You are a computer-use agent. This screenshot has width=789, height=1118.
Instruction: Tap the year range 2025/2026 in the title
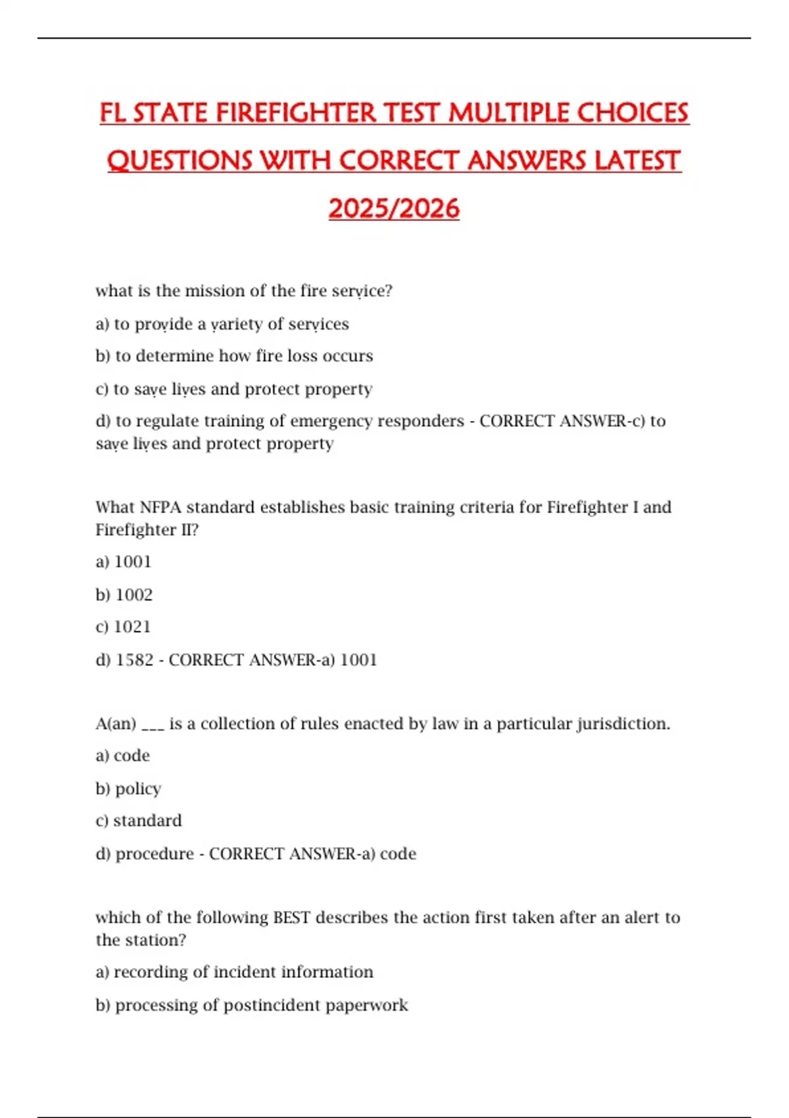(x=394, y=209)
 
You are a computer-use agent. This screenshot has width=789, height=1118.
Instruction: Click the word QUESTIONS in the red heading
(x=179, y=161)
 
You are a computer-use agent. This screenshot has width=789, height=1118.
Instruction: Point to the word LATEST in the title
(x=637, y=161)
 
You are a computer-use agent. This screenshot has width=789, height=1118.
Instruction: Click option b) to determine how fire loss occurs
(x=234, y=356)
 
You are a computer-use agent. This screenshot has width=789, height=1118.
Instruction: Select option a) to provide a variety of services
(x=222, y=324)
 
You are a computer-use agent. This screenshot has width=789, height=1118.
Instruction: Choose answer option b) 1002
(x=124, y=595)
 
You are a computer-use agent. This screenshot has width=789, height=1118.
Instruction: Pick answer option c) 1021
(x=123, y=627)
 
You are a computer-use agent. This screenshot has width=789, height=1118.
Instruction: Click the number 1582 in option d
(x=134, y=660)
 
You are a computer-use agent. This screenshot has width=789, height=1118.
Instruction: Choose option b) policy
(x=128, y=789)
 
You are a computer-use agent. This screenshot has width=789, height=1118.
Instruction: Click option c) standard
(x=139, y=821)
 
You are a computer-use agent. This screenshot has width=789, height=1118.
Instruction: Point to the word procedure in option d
(x=155, y=854)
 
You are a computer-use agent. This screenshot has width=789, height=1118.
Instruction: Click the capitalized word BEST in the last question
(x=291, y=917)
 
